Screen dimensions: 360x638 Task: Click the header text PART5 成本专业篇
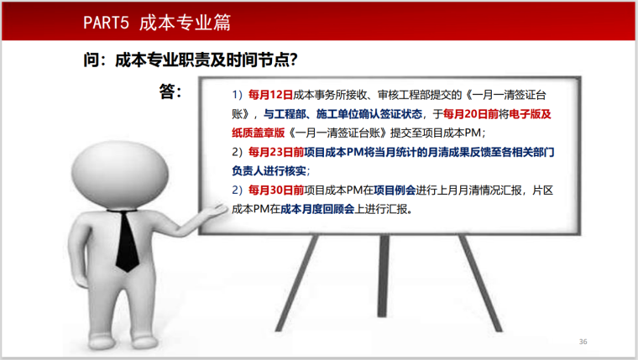coord(156,23)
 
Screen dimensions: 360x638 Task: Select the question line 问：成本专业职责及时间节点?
coord(189,61)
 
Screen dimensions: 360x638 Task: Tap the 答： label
coord(170,91)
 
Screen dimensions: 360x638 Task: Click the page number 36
coord(583,342)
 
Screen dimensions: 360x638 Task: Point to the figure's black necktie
coord(127,243)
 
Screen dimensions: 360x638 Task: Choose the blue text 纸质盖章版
coord(259,133)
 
